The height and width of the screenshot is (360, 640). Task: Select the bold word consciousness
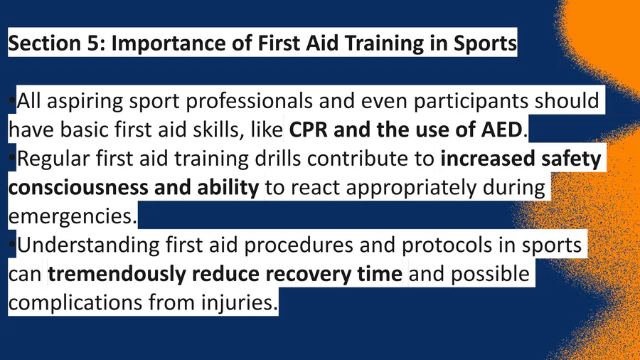pyautogui.click(x=78, y=188)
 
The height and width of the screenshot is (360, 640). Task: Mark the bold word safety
pyautogui.click(x=571, y=159)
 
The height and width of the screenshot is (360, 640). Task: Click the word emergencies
pyautogui.click(x=73, y=216)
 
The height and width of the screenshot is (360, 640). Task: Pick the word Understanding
pyautogui.click(x=87, y=245)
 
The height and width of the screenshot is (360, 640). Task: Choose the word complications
pyautogui.click(x=75, y=303)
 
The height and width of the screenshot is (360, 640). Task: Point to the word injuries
pyautogui.click(x=239, y=303)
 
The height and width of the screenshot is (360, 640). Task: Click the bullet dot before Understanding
pyautogui.click(x=12, y=245)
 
